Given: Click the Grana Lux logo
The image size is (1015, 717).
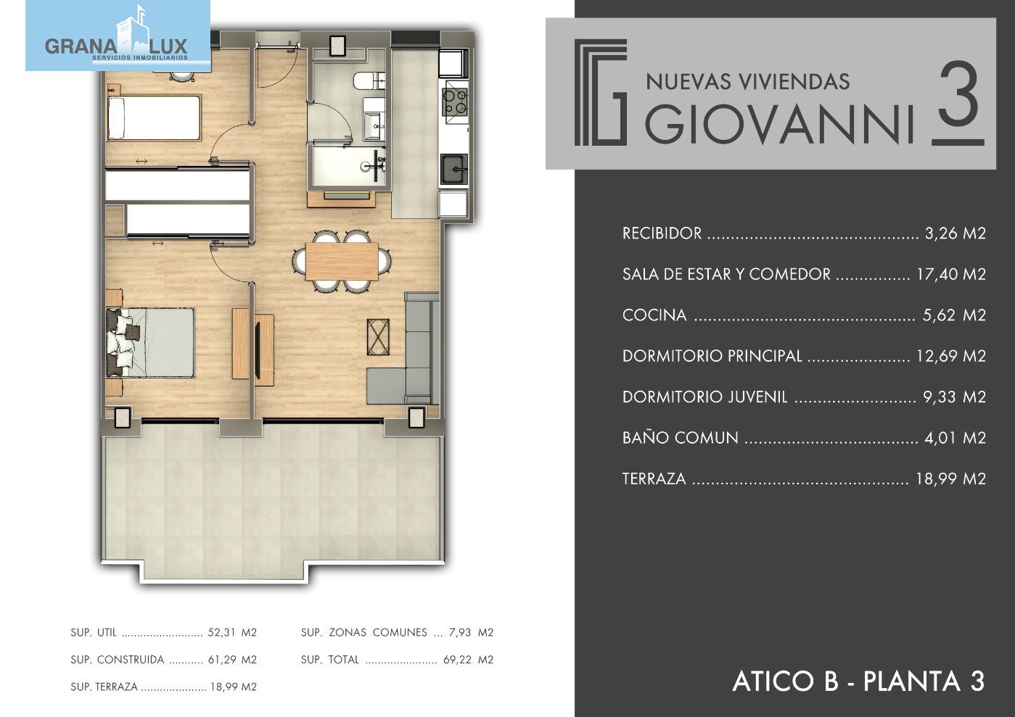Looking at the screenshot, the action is pos(118,36).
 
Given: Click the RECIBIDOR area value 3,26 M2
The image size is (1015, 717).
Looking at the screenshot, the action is pos(956,233).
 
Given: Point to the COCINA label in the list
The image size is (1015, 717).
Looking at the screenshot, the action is pos(654,315).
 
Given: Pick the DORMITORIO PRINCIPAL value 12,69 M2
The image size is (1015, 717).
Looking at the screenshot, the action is pos(951,356).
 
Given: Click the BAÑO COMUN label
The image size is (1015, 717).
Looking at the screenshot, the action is pos(680,438).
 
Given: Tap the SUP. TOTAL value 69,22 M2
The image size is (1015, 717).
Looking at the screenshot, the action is pos(468,660).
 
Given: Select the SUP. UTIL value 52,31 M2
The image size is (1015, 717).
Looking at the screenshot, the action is pos(232,632).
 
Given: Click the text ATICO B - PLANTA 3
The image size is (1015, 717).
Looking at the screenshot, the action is pos(858,681).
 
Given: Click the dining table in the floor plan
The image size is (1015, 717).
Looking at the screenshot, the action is pos(342,261).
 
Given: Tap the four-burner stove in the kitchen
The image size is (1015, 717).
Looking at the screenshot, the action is pos(456,102).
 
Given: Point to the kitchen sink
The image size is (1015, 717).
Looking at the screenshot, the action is pos(454,170).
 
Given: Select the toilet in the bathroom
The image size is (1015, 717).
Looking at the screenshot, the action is pos(369,81).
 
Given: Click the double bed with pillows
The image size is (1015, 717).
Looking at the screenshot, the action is pos(150,342).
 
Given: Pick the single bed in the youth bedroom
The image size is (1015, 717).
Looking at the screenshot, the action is pos(154,117).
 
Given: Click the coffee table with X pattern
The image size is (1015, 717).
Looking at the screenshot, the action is pos(378,337).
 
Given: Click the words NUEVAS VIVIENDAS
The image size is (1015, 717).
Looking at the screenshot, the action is pos(748,82).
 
